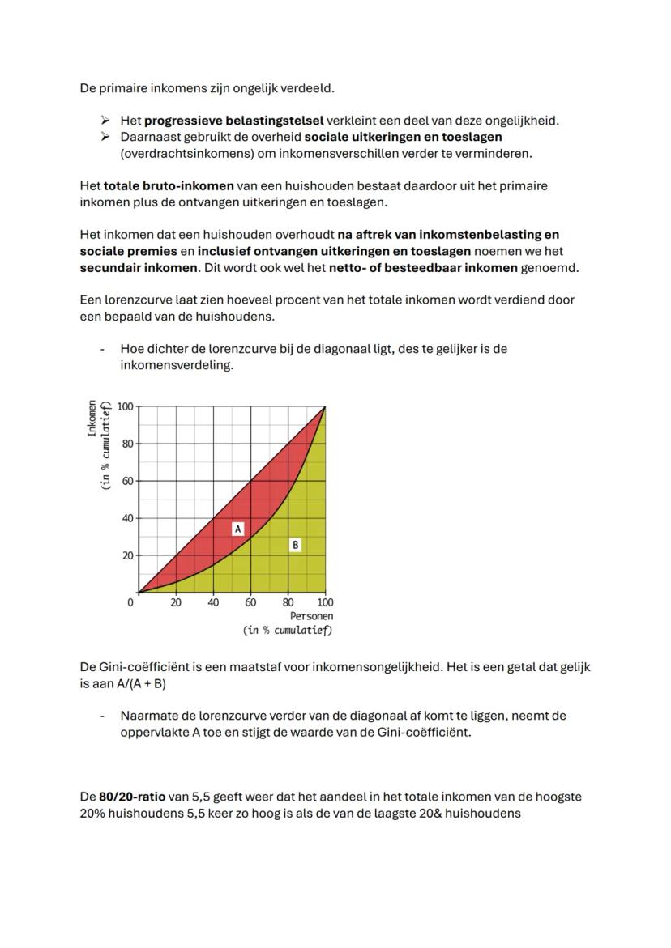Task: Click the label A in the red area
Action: click(238, 529)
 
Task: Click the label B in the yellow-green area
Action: click(295, 545)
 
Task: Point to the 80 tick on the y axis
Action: click(127, 444)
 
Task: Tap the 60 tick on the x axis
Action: click(251, 602)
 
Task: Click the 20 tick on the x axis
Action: click(176, 602)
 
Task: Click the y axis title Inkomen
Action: click(92, 419)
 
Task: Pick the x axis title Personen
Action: click(311, 616)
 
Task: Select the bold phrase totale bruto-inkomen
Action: click(169, 186)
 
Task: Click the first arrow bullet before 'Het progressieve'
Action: click(105, 121)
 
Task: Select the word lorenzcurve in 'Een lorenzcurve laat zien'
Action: click(140, 300)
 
